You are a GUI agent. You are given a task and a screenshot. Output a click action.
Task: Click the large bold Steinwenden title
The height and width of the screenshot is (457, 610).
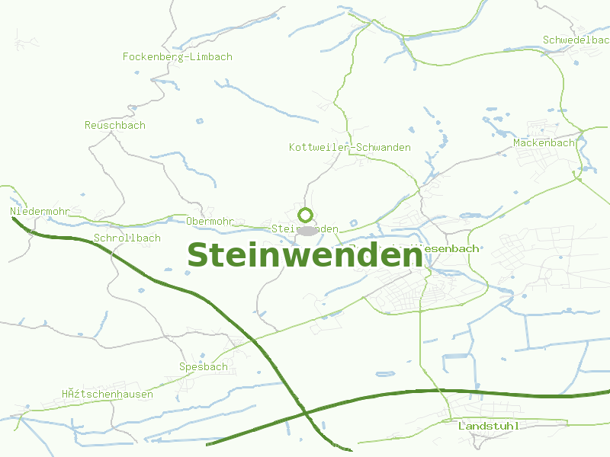[305, 256]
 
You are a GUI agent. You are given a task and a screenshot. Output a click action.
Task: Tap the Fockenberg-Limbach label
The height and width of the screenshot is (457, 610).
[178, 56]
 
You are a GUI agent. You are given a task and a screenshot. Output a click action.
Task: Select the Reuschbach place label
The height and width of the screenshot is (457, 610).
[115, 125]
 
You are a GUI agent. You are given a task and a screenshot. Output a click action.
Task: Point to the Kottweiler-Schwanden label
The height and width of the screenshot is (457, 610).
[350, 147]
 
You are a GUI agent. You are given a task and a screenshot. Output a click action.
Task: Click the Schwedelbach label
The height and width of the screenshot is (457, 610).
[576, 40]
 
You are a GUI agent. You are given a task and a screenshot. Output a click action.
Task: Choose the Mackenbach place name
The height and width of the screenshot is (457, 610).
[544, 142]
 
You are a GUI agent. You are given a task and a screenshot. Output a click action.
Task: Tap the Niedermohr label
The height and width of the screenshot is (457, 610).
[40, 211]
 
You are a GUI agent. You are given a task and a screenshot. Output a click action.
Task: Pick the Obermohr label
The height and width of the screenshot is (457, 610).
[210, 222]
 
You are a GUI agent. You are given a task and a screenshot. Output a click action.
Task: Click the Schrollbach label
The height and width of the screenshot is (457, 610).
[127, 238]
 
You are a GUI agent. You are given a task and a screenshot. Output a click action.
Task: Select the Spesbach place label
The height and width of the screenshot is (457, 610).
[204, 366]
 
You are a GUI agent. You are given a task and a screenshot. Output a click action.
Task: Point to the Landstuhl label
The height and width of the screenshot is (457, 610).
[488, 426]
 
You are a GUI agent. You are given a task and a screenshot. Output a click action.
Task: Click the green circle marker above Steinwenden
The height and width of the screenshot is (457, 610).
[306, 215]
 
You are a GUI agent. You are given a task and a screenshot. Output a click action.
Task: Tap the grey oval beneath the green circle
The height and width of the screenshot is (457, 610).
[306, 230]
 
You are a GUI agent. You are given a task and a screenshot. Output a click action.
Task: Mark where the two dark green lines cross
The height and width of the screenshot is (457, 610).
[306, 411]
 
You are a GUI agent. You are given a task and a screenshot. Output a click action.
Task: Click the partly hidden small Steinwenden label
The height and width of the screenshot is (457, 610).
[305, 228]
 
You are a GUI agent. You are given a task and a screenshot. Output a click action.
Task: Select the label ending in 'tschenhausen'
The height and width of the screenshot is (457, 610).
[108, 394]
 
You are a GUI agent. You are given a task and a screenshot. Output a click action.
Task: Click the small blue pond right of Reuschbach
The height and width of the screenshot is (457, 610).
[200, 121]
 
